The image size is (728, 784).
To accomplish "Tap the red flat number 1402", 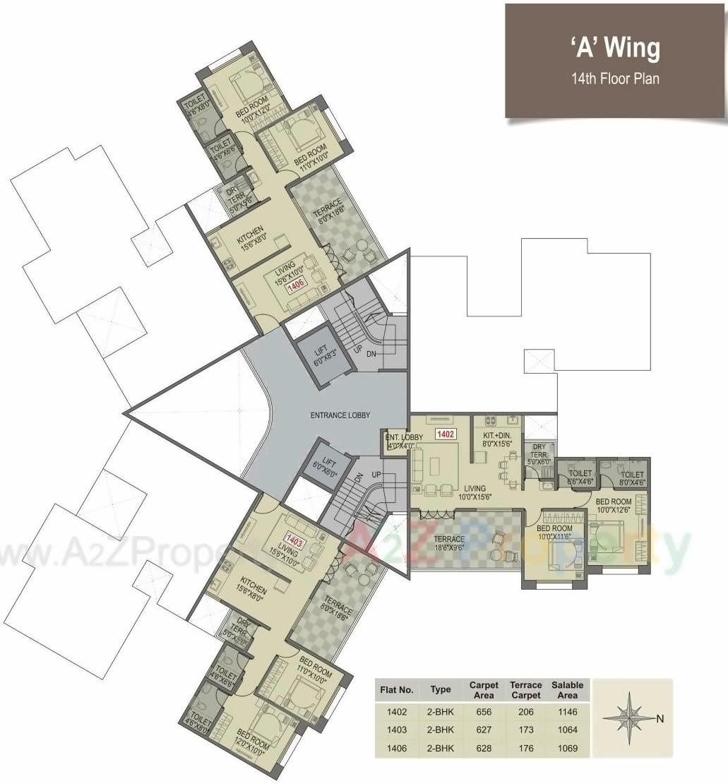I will (x=445, y=434).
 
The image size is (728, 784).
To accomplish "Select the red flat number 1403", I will (x=295, y=542).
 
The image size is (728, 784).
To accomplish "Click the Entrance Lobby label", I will (x=340, y=415).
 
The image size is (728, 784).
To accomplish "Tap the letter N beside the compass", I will (x=660, y=719).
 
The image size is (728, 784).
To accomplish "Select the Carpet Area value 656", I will (x=484, y=712).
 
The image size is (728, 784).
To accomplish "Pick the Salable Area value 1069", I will (x=567, y=748).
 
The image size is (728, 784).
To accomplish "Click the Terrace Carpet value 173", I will (x=526, y=730).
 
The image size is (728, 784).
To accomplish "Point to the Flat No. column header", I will (x=396, y=689).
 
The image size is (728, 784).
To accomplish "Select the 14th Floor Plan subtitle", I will (x=615, y=78).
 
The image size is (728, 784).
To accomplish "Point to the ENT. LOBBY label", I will (x=404, y=441).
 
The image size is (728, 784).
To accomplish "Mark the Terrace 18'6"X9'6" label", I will (x=449, y=544).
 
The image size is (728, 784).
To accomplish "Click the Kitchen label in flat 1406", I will (x=251, y=235).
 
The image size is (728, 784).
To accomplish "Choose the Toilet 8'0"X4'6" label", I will (x=632, y=479).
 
